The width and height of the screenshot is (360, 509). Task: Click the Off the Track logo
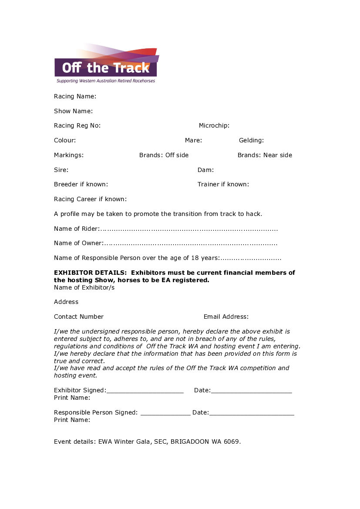[x=106, y=64]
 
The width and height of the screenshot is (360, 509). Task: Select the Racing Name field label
[x=75, y=96]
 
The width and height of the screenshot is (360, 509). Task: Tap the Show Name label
[x=73, y=111]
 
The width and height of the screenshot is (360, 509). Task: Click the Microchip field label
[x=214, y=125]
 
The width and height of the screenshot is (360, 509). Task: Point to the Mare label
[x=193, y=140]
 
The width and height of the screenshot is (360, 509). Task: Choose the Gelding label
[x=251, y=140]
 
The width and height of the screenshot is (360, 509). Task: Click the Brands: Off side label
[x=164, y=155]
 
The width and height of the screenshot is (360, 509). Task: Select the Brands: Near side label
[x=265, y=155]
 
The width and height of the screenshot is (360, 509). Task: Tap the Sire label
[x=61, y=170]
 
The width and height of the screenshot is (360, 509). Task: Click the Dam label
[x=205, y=170]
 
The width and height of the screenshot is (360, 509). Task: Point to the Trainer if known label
[x=223, y=184]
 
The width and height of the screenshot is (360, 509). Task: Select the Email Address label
[x=226, y=317]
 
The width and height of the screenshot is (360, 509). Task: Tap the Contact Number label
[x=79, y=317]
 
